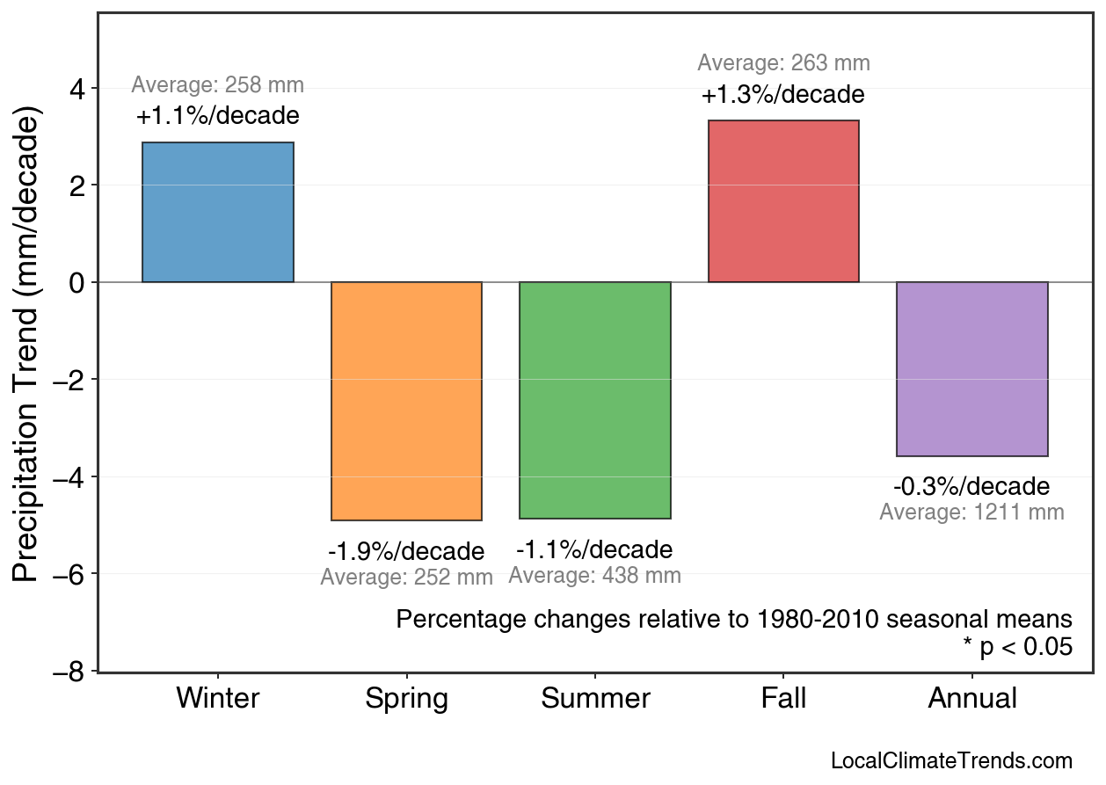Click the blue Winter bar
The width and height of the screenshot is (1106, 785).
point(218,212)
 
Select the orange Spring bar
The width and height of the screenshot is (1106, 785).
point(406,401)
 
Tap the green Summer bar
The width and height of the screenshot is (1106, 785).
point(595,400)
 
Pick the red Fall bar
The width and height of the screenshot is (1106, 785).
point(783,201)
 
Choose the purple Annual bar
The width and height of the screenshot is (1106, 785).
point(971,369)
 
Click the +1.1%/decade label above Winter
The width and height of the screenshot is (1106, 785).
point(218,116)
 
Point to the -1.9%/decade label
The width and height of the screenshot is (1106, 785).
point(406,552)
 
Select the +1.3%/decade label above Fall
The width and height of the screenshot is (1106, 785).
point(783,95)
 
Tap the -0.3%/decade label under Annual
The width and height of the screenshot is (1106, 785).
point(971,487)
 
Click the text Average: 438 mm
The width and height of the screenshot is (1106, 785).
point(595,576)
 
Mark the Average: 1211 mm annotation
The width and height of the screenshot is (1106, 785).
point(971,512)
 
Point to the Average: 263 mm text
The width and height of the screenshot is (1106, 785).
point(783,63)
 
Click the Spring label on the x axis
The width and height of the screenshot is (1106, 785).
point(406,699)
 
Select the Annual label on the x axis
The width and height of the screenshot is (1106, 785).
point(971,699)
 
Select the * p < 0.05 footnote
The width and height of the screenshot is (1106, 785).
point(1017,648)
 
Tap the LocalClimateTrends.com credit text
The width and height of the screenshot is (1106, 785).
point(951,761)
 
